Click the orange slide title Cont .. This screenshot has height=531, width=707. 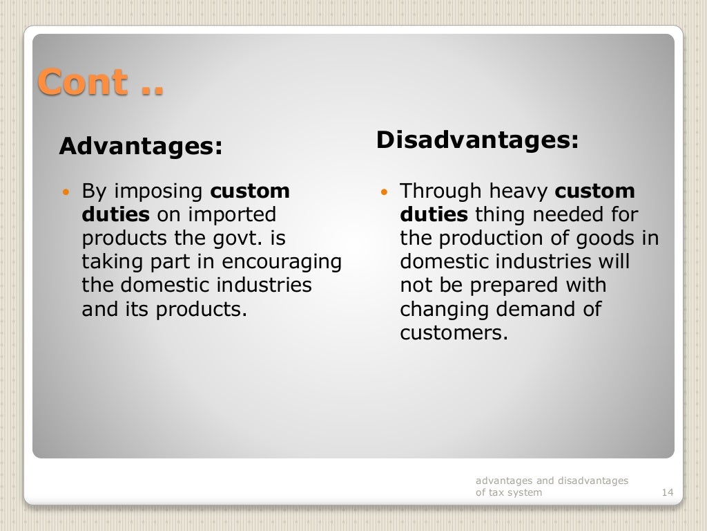(100, 82)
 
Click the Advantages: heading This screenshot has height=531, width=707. (141, 147)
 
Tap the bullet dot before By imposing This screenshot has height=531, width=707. (66, 191)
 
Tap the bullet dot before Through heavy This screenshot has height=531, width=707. (385, 191)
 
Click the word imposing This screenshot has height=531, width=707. (157, 192)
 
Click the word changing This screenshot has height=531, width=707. (443, 309)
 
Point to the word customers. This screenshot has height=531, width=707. (454, 333)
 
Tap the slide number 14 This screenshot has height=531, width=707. (667, 492)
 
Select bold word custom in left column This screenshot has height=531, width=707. (250, 191)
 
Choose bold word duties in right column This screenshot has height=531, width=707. (434, 215)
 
